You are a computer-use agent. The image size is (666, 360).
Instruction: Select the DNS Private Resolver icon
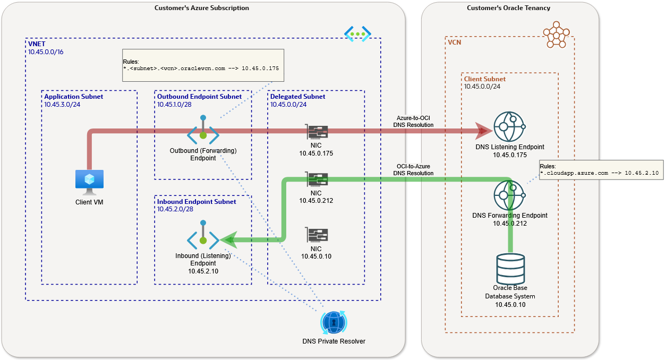pos(334,322)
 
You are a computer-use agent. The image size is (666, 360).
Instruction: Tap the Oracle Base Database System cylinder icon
pos(510,269)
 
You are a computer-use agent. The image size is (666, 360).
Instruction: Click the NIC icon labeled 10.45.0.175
pos(317,132)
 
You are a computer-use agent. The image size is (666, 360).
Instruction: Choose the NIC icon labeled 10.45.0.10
pos(317,235)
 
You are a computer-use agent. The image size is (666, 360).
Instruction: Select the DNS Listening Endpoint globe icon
pos(509,126)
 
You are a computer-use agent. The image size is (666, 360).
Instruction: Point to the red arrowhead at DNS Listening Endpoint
pos(483,131)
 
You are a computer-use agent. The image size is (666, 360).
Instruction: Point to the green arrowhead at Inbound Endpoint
pos(228,240)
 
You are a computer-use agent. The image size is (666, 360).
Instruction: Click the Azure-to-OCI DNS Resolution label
pos(413,121)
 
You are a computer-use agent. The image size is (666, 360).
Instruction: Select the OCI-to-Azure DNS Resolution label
pos(413,169)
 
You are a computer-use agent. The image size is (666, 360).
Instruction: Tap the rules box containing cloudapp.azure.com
pos(601,169)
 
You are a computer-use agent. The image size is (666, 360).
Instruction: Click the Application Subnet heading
pos(74,97)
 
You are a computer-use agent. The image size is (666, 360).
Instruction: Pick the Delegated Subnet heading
pos(297,97)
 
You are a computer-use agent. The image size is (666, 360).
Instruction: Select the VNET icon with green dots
pos(357,33)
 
